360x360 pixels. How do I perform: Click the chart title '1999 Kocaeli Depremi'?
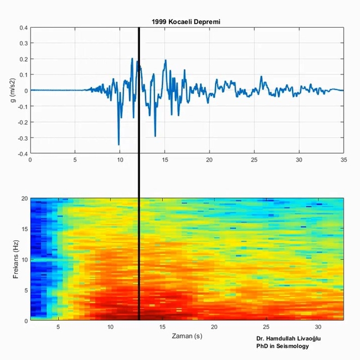click(185, 21)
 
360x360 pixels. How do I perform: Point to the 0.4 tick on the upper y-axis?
click(22, 28)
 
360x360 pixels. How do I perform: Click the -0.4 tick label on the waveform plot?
click(21, 153)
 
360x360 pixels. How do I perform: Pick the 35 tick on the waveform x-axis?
click(343, 160)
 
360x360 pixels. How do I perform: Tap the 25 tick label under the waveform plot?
click(253, 160)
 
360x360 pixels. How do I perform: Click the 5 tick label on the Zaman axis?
click(58, 327)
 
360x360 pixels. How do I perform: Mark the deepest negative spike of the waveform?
click(119, 144)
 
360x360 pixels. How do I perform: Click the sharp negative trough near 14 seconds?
click(155, 136)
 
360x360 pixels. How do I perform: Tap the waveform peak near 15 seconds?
click(166, 60)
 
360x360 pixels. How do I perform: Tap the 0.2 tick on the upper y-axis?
click(22, 59)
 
